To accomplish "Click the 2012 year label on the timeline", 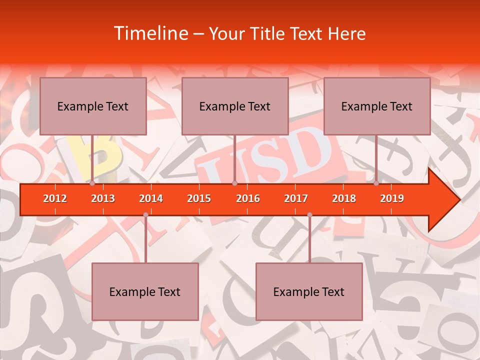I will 55,198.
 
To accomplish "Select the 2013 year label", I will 103,198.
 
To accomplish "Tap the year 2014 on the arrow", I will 151,198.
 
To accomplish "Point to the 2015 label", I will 199,198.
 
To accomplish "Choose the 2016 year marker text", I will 248,198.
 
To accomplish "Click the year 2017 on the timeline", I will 296,198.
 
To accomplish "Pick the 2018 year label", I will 344,198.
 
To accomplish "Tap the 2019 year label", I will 392,198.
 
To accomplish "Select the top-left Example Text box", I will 93,106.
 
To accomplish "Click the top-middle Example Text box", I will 235,106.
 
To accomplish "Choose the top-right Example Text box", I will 377,106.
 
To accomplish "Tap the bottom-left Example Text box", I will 145,291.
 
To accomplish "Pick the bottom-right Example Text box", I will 309,291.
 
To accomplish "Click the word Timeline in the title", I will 150,33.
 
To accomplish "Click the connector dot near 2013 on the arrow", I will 92,183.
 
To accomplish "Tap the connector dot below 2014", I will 145,214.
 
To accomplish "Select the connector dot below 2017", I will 309,214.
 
